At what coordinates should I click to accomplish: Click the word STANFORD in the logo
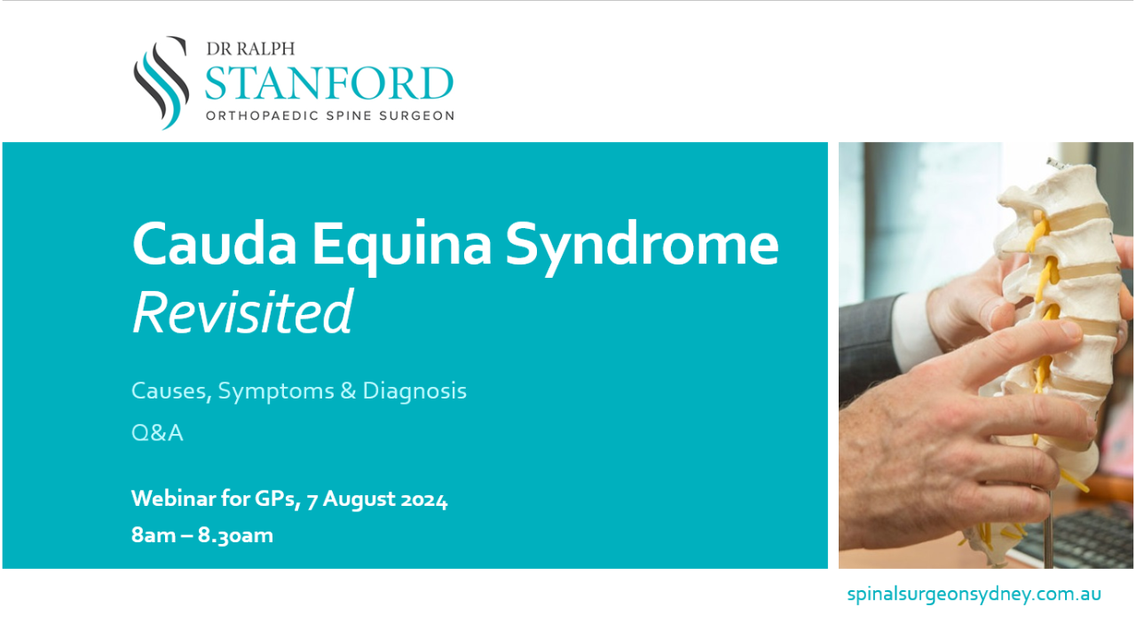[328, 83]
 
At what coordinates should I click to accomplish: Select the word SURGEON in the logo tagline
[417, 115]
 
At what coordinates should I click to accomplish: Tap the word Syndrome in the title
[643, 244]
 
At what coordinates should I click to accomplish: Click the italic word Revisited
[242, 312]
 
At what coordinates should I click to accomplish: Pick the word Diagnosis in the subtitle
[414, 390]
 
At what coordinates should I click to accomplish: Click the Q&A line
[157, 434]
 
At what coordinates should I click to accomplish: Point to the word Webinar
[172, 499]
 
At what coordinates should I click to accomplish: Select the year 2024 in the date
[422, 500]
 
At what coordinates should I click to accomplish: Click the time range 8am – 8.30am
[201, 535]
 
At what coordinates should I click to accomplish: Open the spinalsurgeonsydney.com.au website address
[974, 594]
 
